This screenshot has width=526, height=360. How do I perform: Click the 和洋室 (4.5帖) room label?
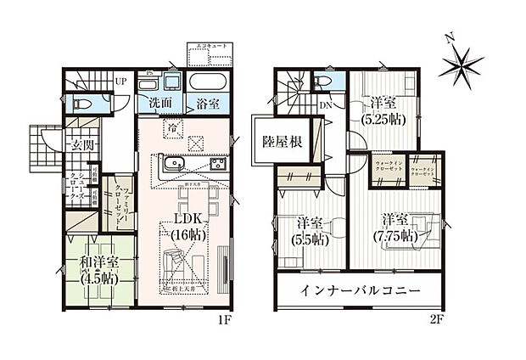98,269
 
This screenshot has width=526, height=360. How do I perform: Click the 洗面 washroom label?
159,103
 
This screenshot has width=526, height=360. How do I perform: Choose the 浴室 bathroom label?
205,103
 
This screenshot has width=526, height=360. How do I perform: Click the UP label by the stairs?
120,82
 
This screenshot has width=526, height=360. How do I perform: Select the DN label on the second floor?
326,106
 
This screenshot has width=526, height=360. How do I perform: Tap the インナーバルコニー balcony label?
360,290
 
